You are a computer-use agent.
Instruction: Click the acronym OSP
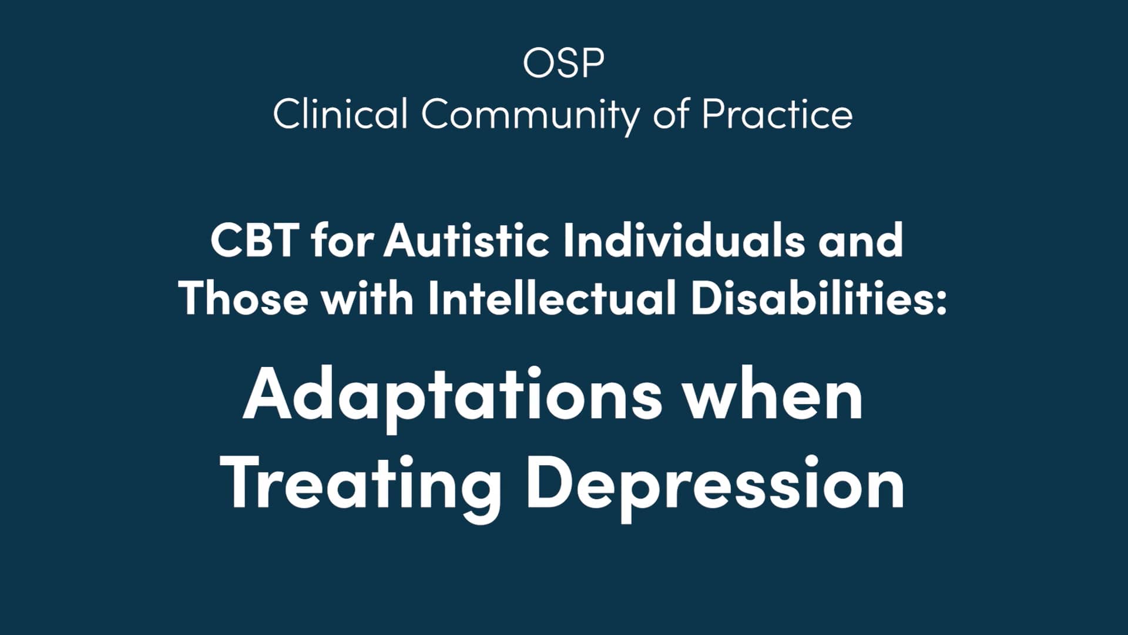563,63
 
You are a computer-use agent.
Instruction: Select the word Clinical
340,114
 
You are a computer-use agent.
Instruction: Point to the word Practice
777,114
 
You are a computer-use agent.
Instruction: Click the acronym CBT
253,240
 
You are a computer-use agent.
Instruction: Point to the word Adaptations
452,396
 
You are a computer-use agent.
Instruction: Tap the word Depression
716,486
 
